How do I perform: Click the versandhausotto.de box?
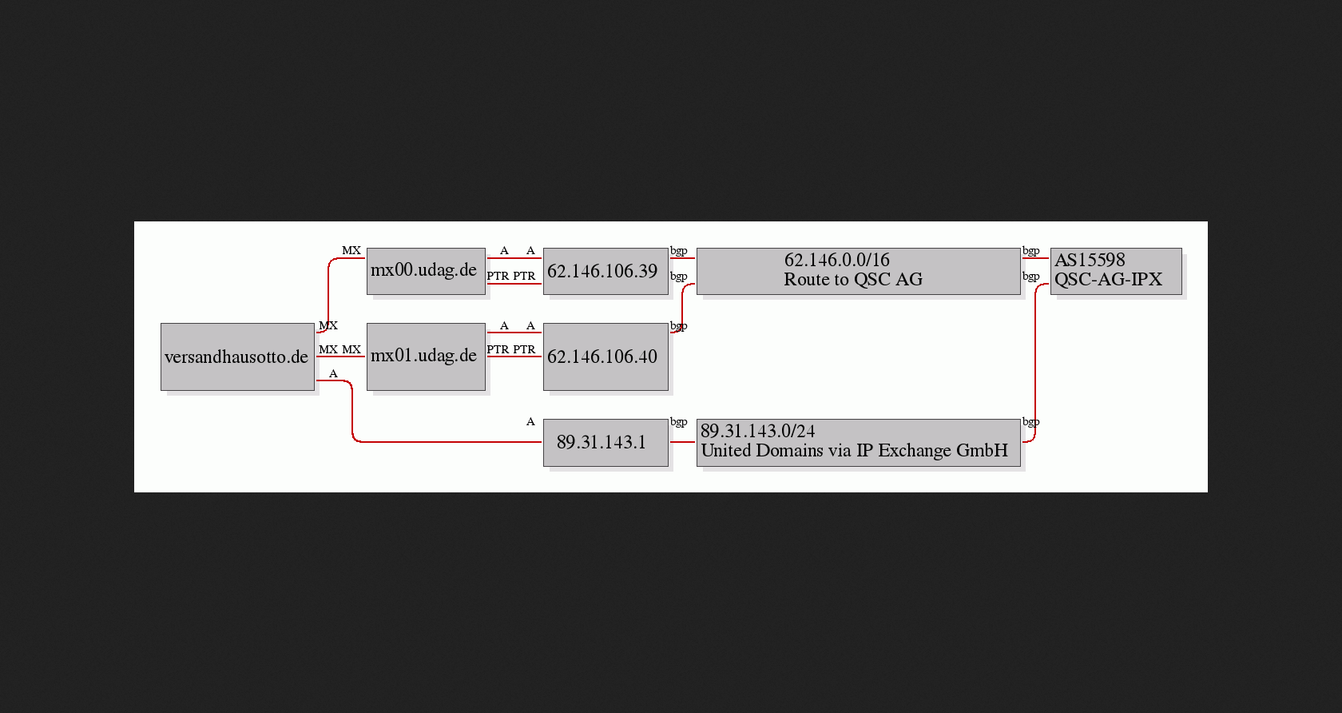coord(237,356)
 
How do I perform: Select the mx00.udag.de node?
coord(426,271)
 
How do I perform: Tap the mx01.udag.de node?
coord(426,356)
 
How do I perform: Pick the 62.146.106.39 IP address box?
coord(605,271)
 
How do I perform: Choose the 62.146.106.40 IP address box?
coord(605,356)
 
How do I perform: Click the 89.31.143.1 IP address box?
coord(605,442)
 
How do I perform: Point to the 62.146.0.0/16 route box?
coord(858,271)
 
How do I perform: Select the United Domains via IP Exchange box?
coord(858,442)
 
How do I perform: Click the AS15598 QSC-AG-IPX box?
coord(1115,271)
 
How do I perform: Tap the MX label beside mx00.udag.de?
coord(351,250)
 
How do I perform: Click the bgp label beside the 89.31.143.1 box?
coord(678,421)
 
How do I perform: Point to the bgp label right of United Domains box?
coord(1030,421)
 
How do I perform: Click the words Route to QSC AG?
coord(853,280)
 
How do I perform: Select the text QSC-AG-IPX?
coord(1108,280)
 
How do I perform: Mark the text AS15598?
coord(1090,261)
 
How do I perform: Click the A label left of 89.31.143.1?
coord(530,421)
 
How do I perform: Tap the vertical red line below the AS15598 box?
coord(1035,360)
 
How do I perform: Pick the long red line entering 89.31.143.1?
coord(447,441)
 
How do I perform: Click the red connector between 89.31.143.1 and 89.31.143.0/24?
coord(682,441)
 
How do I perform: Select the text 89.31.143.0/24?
coord(758,432)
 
